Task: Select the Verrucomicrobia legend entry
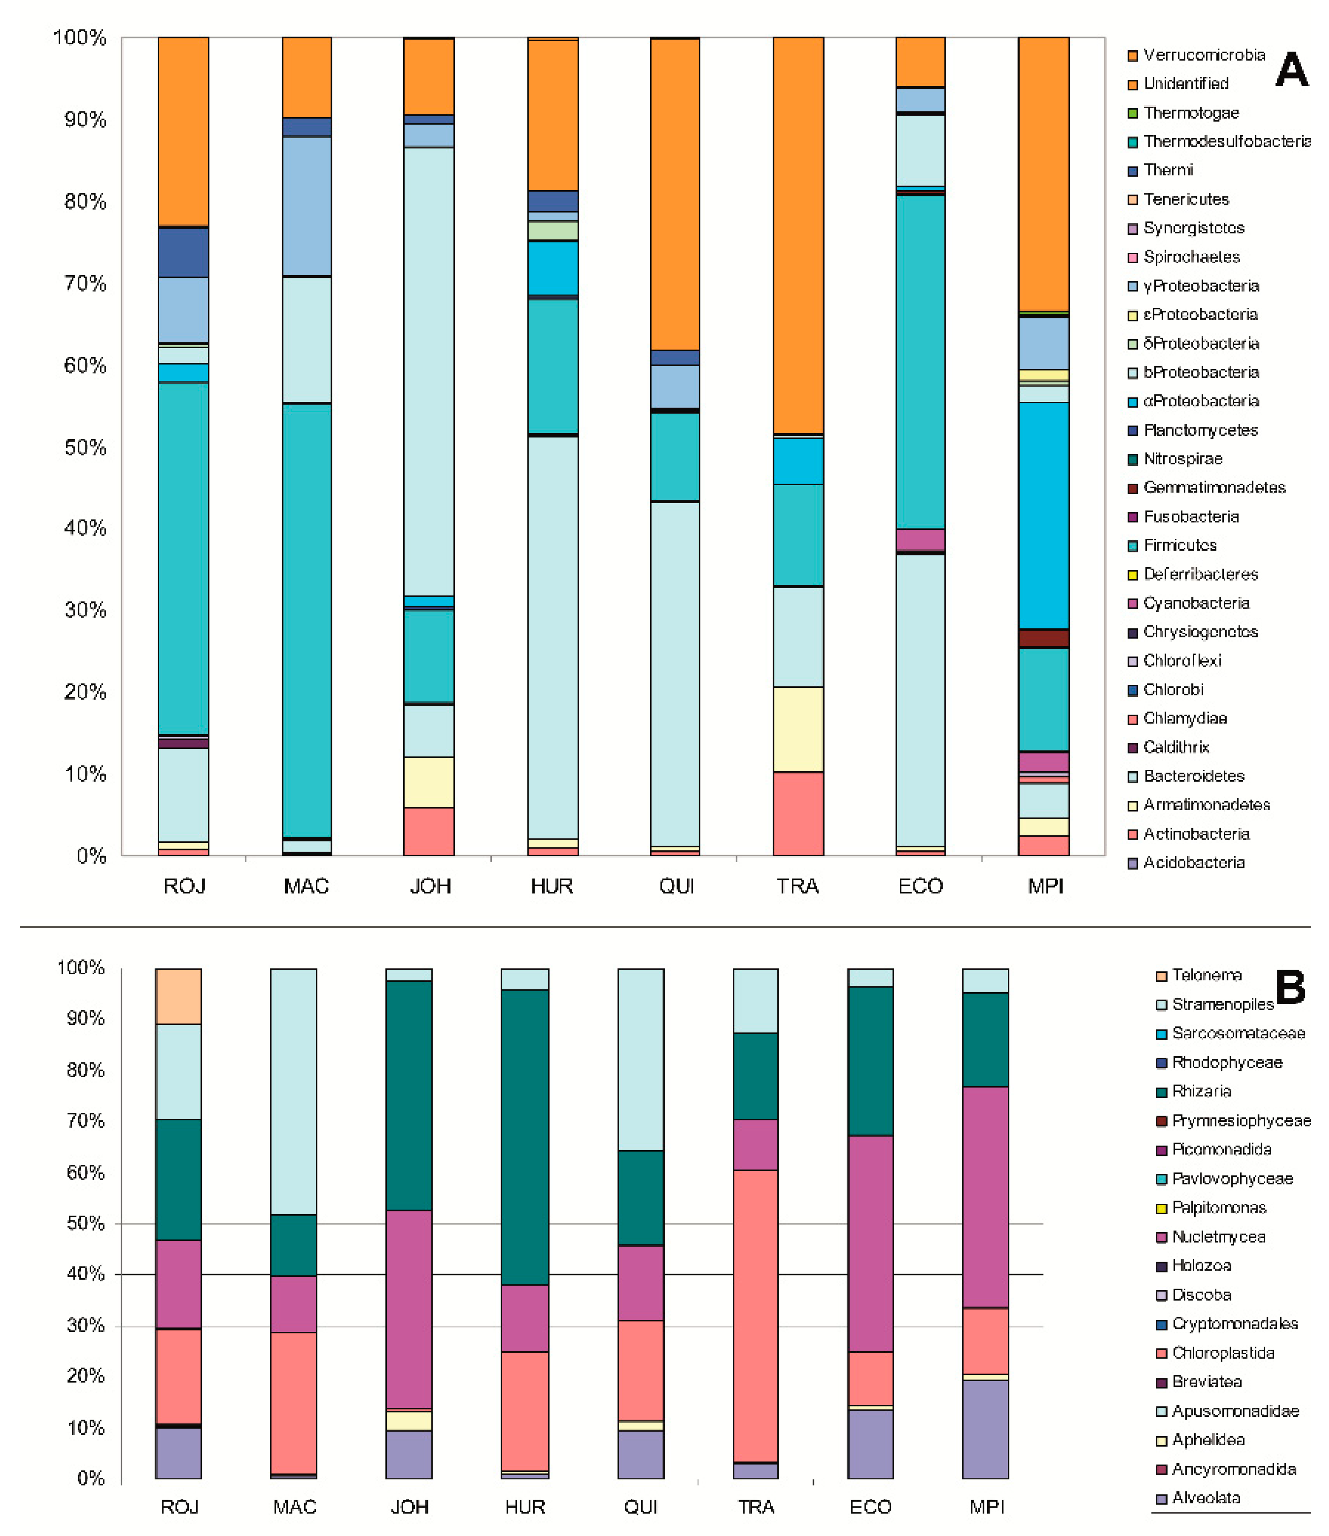(1204, 55)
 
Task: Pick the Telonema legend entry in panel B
(1206, 975)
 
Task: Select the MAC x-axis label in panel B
(294, 1507)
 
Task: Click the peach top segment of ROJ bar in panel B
(178, 996)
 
